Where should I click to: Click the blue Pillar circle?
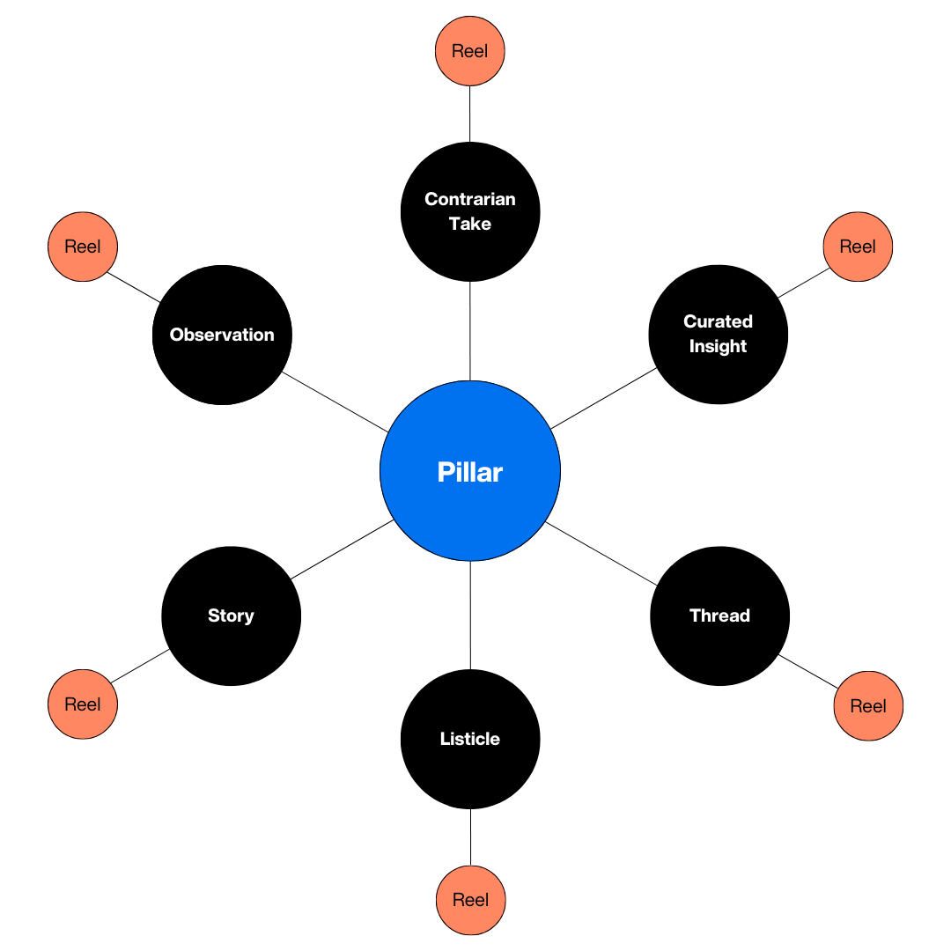pos(470,471)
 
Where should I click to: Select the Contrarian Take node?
pos(470,211)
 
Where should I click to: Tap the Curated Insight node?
pos(718,335)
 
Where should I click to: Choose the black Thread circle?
pos(719,616)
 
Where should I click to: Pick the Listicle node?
pos(470,739)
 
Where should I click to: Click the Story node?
pos(231,616)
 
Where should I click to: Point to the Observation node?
pos(222,335)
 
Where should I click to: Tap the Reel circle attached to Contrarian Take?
pos(470,51)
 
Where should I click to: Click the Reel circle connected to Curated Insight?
pos(858,247)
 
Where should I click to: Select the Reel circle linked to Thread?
pos(868,706)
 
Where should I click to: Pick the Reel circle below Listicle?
pos(470,900)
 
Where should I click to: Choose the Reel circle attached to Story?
pos(83,704)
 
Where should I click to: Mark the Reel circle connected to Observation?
pos(83,247)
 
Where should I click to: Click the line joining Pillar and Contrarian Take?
pos(470,331)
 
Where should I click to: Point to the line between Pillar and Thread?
pos(601,553)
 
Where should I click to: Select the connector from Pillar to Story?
pos(342,549)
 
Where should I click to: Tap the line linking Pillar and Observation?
pos(335,402)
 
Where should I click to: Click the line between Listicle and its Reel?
pos(470,837)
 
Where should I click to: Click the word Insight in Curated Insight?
pos(718,347)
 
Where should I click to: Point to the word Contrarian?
pos(470,199)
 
